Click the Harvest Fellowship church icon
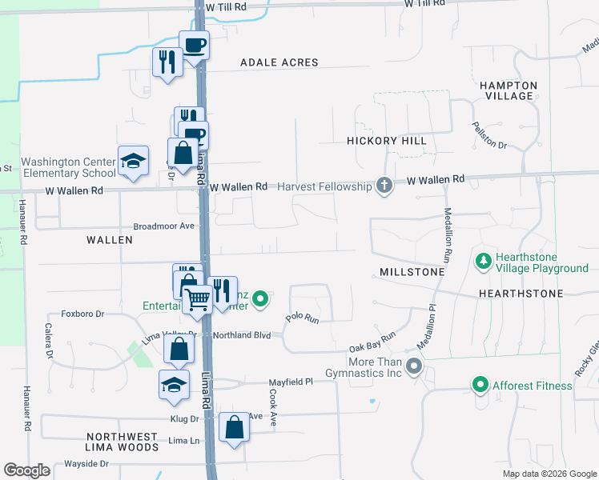pos(384,186)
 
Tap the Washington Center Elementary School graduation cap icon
pos(133,161)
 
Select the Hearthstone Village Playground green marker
pos(484,262)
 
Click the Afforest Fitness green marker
pos(480,386)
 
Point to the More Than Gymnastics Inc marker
pos(414,366)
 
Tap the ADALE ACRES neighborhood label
pos(279,62)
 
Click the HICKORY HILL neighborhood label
pos(387,141)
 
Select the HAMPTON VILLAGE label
pos(509,90)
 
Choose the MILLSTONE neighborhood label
pos(408,273)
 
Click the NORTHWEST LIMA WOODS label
pos(123,442)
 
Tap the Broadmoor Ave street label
pos(164,226)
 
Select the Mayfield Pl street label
pos(289,382)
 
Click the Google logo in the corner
pos(26,470)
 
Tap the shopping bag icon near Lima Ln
pos(234,428)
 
